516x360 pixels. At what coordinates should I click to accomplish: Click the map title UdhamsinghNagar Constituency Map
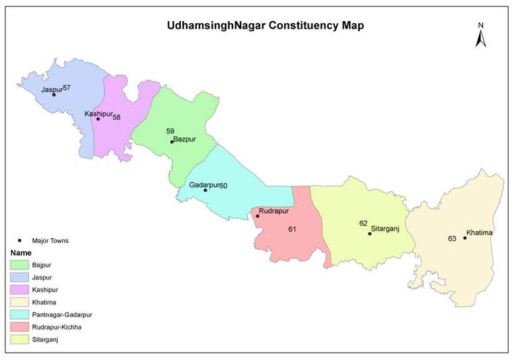point(265,26)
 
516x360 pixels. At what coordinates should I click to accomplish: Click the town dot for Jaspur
point(54,95)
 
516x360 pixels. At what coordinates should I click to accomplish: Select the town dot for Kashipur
point(98,119)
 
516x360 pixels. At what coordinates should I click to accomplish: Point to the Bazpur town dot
point(172,142)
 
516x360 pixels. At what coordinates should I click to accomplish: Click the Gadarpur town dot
point(205,191)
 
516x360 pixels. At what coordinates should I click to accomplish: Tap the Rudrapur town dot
point(257,216)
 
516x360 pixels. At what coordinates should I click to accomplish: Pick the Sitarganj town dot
point(370,234)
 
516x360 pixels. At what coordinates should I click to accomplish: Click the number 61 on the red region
point(293,230)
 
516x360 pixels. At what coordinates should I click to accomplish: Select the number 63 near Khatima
point(452,239)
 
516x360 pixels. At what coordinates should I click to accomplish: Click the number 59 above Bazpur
point(170,131)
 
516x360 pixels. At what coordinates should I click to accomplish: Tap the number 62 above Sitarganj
point(363,224)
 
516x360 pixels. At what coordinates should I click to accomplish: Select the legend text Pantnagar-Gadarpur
point(64,315)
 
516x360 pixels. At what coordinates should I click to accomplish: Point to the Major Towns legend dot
point(20,241)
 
